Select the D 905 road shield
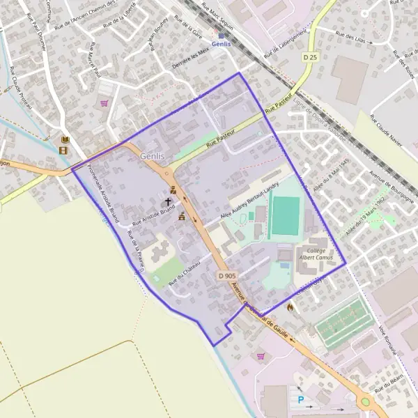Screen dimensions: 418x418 click(228, 276)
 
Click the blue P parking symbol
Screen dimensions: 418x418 click(301, 400)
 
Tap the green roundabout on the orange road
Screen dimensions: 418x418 click(364, 402)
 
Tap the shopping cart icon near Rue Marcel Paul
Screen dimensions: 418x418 click(104, 103)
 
